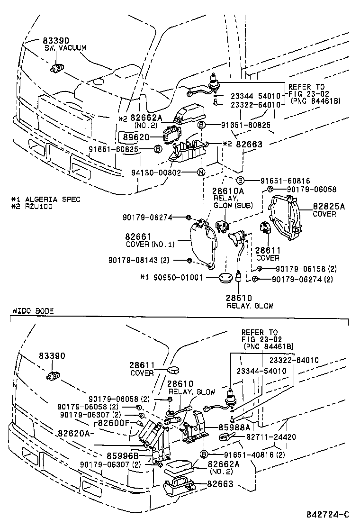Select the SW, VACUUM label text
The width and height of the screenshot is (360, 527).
coord(65,48)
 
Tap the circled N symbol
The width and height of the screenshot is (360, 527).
coord(201,172)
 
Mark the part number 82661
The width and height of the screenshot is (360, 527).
coord(138,236)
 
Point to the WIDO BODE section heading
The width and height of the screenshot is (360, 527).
coord(32,311)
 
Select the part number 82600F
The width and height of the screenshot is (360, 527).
coord(113,423)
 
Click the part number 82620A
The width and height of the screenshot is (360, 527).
coord(73,433)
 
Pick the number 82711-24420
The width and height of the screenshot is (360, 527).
coord(270,436)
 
